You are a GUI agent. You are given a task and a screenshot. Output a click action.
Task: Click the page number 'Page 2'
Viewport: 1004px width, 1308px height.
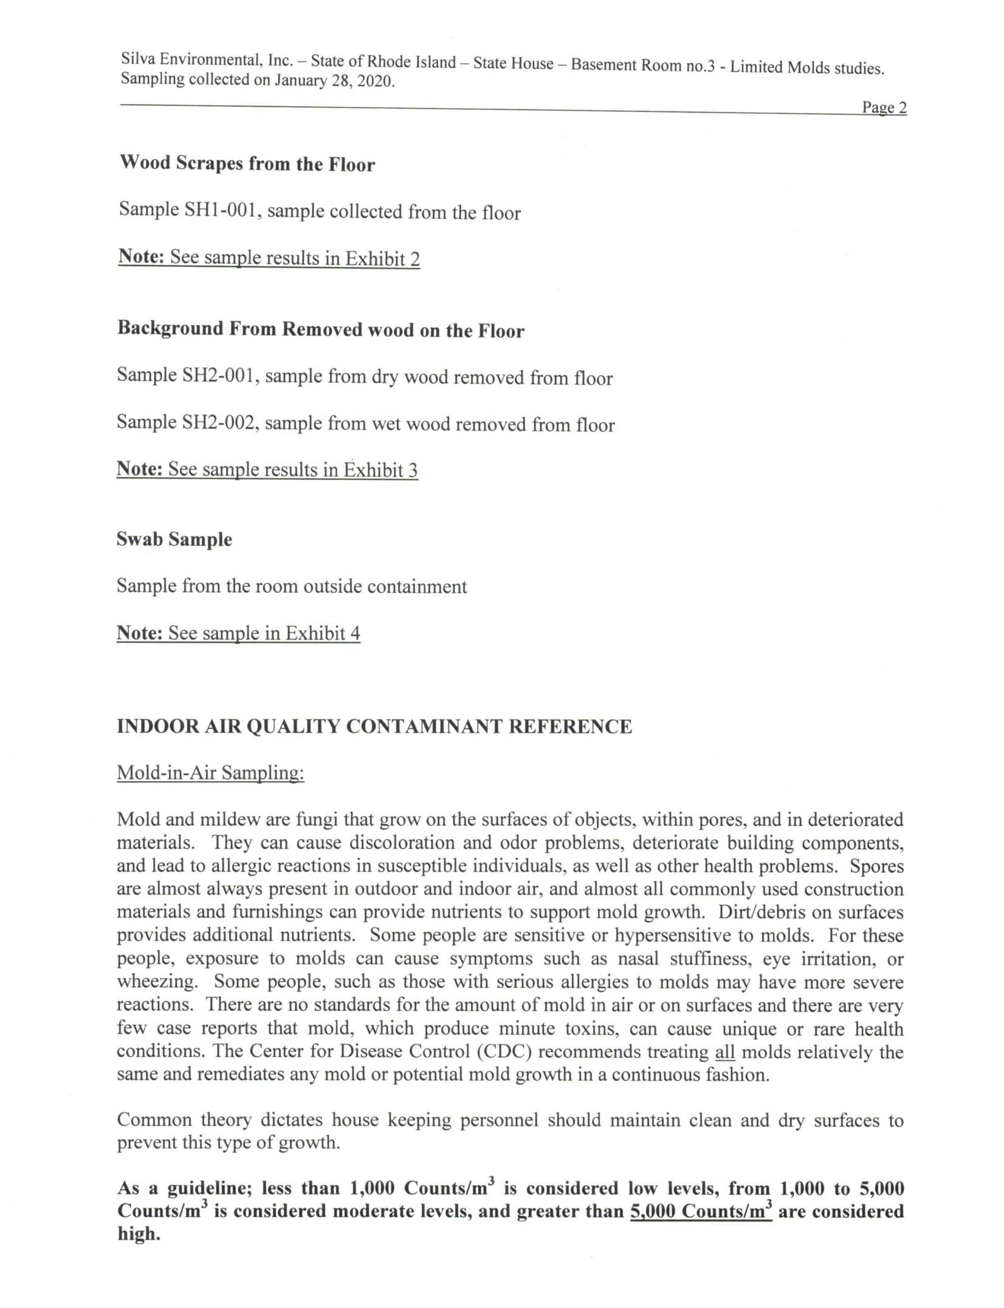pyautogui.click(x=884, y=108)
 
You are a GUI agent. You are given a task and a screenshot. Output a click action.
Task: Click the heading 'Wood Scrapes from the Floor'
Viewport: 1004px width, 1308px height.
pyautogui.click(x=247, y=163)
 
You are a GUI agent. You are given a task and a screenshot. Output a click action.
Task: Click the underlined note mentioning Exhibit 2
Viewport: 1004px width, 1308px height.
pyautogui.click(x=269, y=258)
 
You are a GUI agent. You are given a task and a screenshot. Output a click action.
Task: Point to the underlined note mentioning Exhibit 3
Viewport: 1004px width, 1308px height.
pyautogui.click(x=267, y=469)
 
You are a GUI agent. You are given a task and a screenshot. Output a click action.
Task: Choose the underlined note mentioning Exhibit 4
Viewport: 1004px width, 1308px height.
pyautogui.click(x=238, y=633)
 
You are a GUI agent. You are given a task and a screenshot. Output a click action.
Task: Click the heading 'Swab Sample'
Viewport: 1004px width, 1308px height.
pyautogui.click(x=174, y=540)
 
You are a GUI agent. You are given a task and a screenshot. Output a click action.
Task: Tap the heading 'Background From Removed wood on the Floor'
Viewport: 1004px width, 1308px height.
pyautogui.click(x=321, y=329)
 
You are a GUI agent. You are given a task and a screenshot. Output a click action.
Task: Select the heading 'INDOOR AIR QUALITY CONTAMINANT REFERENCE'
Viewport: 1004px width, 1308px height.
pyautogui.click(x=374, y=726)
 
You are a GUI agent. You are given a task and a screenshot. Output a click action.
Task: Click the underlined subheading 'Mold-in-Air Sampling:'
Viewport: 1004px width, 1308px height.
pyautogui.click(x=210, y=773)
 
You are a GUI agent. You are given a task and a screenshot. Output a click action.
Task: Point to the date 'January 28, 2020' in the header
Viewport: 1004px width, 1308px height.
pyautogui.click(x=334, y=81)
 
